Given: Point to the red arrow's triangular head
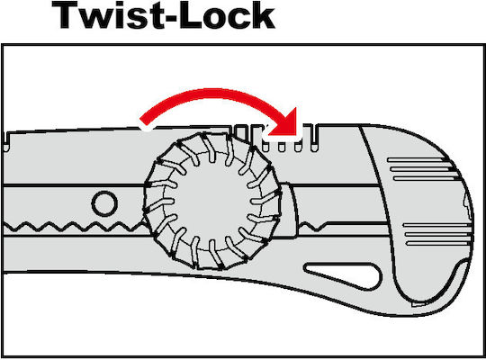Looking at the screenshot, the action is point(283,122).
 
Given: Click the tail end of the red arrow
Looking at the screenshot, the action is point(143,122).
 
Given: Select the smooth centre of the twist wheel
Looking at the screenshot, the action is point(211,201).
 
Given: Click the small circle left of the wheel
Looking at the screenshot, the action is point(104,203).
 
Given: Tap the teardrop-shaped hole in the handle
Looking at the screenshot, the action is point(343,276).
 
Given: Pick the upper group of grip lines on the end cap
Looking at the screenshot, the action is point(422,169).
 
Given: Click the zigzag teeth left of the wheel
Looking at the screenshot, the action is point(74,227).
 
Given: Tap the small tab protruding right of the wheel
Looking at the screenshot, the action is point(288,211).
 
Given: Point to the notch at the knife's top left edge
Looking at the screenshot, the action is point(6,141).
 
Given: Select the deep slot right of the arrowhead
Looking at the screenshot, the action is point(315,138).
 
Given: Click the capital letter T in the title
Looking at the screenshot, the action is point(66,15).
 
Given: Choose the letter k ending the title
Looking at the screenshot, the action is point(263,15).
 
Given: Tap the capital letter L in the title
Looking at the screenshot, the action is point(190,15).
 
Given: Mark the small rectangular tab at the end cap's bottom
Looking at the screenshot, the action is point(418,304).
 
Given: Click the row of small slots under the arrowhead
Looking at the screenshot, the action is point(282,147).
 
